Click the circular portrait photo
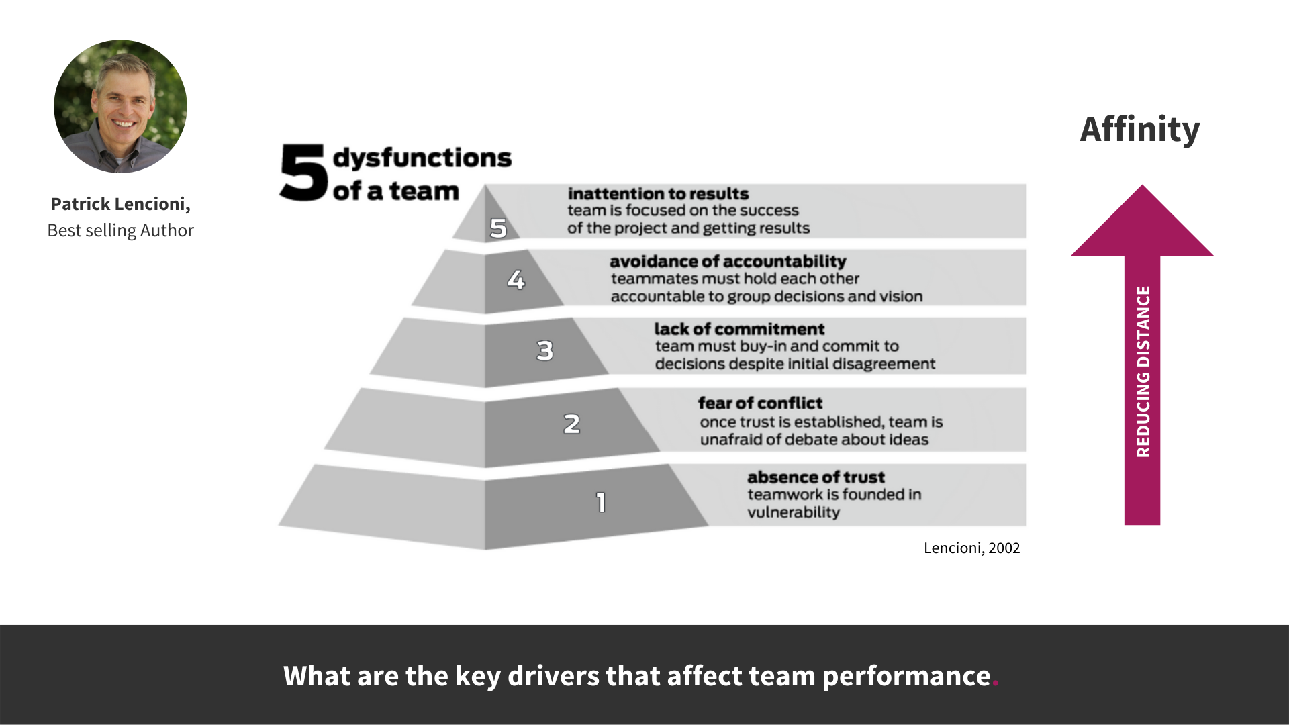coord(121,106)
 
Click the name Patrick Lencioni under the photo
coord(120,204)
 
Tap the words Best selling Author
coord(120,230)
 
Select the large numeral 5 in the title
coord(303,173)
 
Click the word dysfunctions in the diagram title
coord(422,158)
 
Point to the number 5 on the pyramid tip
coord(497,228)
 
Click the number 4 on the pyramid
coord(516,279)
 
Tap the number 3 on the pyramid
coord(544,350)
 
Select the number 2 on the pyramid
coord(571,424)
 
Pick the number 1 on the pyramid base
coord(601,502)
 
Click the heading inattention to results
coord(658,193)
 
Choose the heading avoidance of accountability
coord(728,261)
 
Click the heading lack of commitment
coord(739,329)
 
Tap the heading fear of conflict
coord(760,403)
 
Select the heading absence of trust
coord(816,477)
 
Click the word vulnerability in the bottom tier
coord(794,512)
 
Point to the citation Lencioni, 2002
coord(971,548)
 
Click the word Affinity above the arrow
coord(1140,130)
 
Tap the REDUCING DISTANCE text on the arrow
coord(1143,372)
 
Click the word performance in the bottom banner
coord(906,676)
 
